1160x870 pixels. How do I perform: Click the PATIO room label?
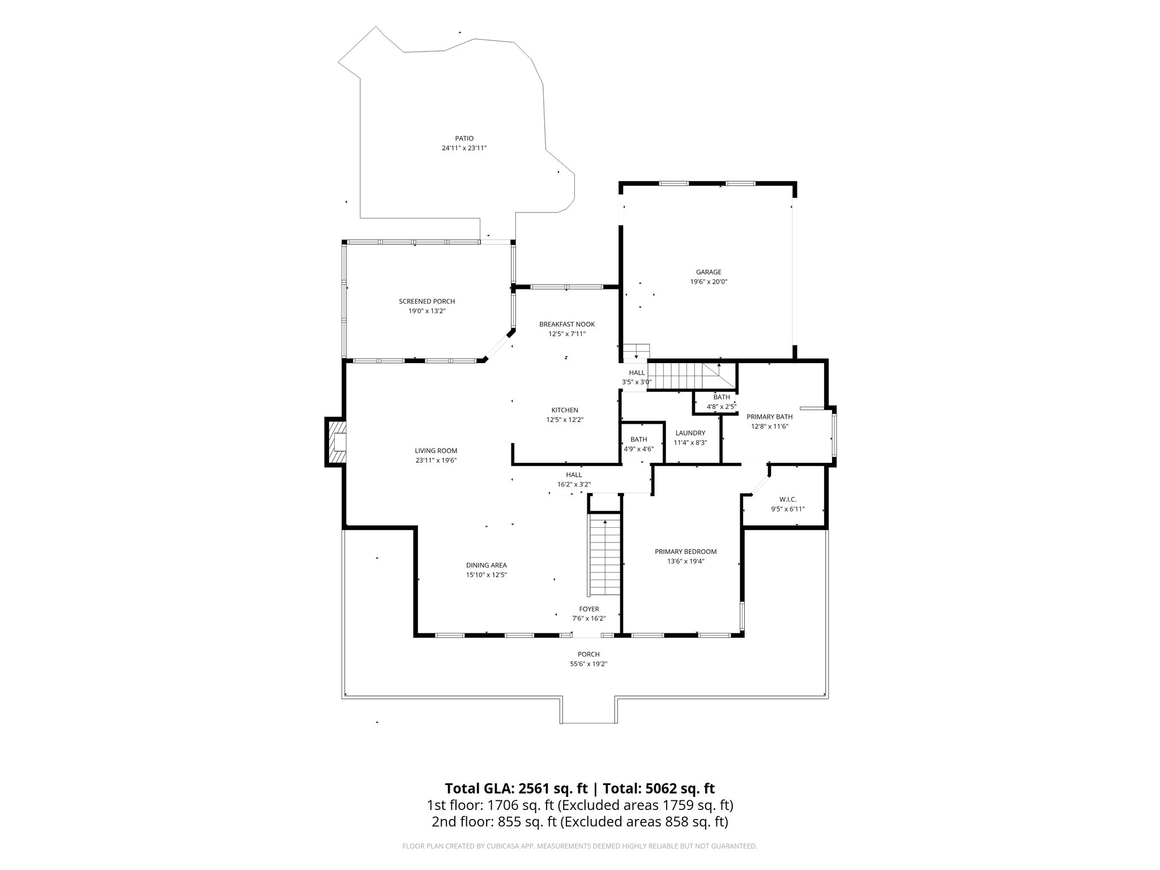point(464,138)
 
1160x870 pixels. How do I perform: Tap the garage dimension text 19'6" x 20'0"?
point(709,282)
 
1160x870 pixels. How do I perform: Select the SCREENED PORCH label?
point(427,301)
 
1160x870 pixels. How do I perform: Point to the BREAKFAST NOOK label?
point(566,324)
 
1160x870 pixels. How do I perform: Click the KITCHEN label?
point(565,410)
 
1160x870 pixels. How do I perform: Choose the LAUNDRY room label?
point(690,433)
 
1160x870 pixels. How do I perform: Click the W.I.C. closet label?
point(787,499)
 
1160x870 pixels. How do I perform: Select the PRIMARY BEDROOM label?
point(685,551)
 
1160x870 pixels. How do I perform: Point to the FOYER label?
point(588,609)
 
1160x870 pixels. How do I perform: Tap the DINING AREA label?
point(486,565)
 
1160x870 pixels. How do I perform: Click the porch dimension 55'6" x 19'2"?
point(588,664)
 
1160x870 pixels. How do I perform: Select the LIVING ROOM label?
point(436,451)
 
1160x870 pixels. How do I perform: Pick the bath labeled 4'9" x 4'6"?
point(638,444)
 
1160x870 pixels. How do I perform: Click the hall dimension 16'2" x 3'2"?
point(574,484)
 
